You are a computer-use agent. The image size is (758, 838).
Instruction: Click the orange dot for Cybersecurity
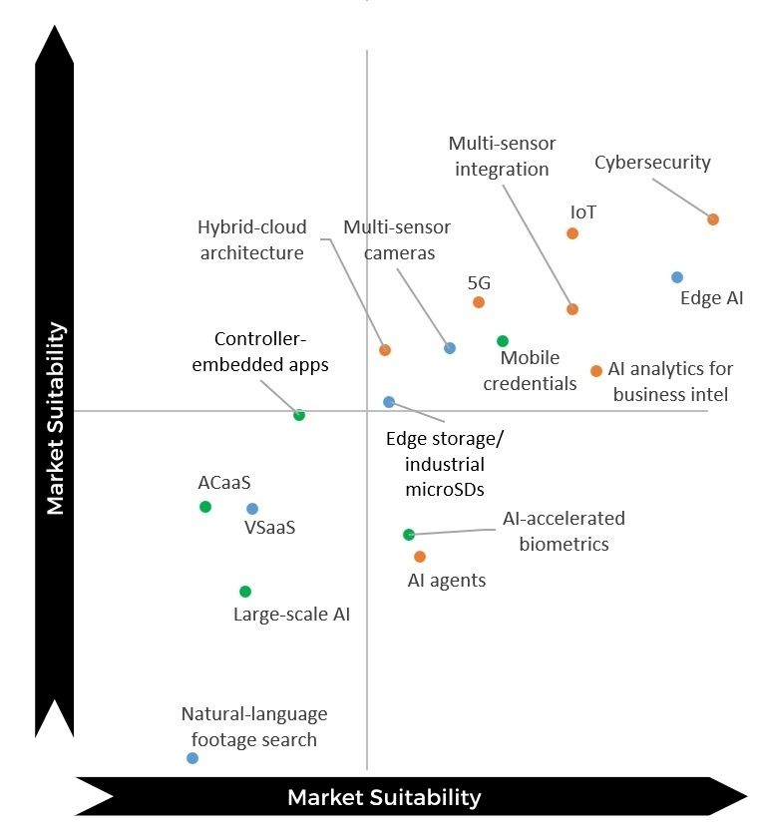713,219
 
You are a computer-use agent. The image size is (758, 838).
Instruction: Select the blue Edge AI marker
677,277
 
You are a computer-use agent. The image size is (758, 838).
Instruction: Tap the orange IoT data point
572,233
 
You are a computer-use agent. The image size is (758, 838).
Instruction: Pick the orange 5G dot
479,302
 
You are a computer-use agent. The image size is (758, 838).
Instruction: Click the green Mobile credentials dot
503,341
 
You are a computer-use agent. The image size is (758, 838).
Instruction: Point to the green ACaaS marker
205,507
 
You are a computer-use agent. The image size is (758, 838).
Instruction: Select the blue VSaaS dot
252,509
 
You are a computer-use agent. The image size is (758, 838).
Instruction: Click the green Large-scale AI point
245,592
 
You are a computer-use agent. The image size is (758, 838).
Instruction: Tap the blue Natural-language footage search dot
192,758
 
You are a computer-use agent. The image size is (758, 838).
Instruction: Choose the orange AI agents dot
420,557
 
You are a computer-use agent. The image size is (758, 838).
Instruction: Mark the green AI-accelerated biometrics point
409,535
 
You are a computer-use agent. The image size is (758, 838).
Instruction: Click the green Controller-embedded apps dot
299,415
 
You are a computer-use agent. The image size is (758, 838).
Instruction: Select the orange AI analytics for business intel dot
596,371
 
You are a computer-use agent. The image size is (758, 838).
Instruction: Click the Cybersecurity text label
653,163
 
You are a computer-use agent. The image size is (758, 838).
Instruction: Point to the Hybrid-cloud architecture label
252,240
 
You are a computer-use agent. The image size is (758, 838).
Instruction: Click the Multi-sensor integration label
502,157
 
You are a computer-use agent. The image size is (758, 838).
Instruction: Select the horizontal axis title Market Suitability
384,797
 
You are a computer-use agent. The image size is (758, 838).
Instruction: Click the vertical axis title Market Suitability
55,417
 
